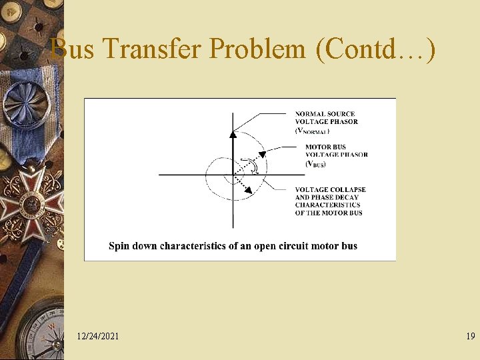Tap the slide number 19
(471, 337)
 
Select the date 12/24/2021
(98, 337)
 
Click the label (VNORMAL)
(312, 131)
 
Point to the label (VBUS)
(316, 163)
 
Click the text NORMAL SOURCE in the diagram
(325, 114)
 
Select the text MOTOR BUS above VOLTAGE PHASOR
(325, 147)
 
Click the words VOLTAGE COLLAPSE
(330, 190)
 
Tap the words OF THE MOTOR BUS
(328, 213)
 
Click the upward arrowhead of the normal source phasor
(233, 133)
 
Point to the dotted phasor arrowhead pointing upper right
(262, 154)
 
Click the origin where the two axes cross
(233, 175)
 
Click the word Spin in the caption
(119, 246)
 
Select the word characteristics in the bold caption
(193, 246)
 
